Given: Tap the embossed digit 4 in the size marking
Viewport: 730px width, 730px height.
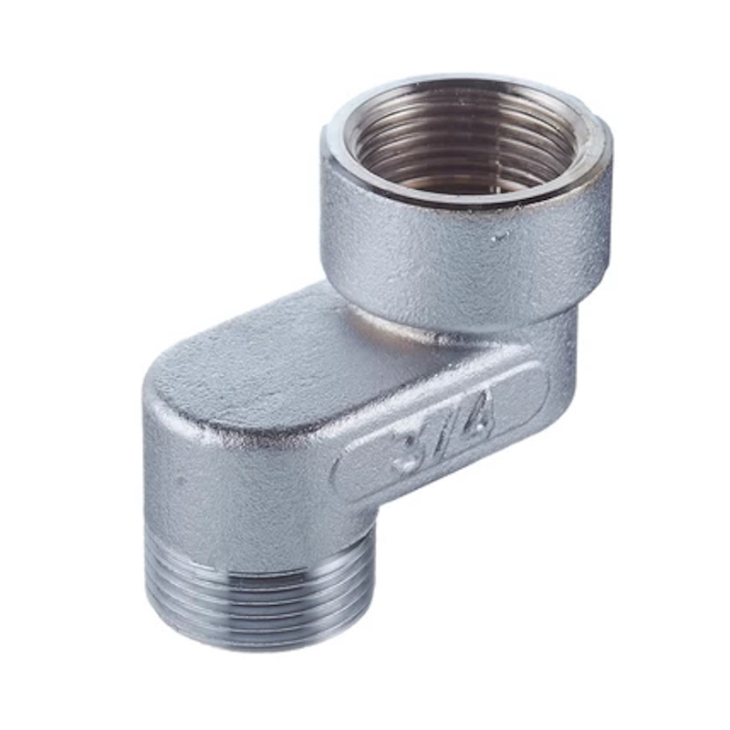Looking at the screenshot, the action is [x=472, y=413].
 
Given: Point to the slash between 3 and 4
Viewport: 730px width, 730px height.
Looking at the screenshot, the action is [x=439, y=429].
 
